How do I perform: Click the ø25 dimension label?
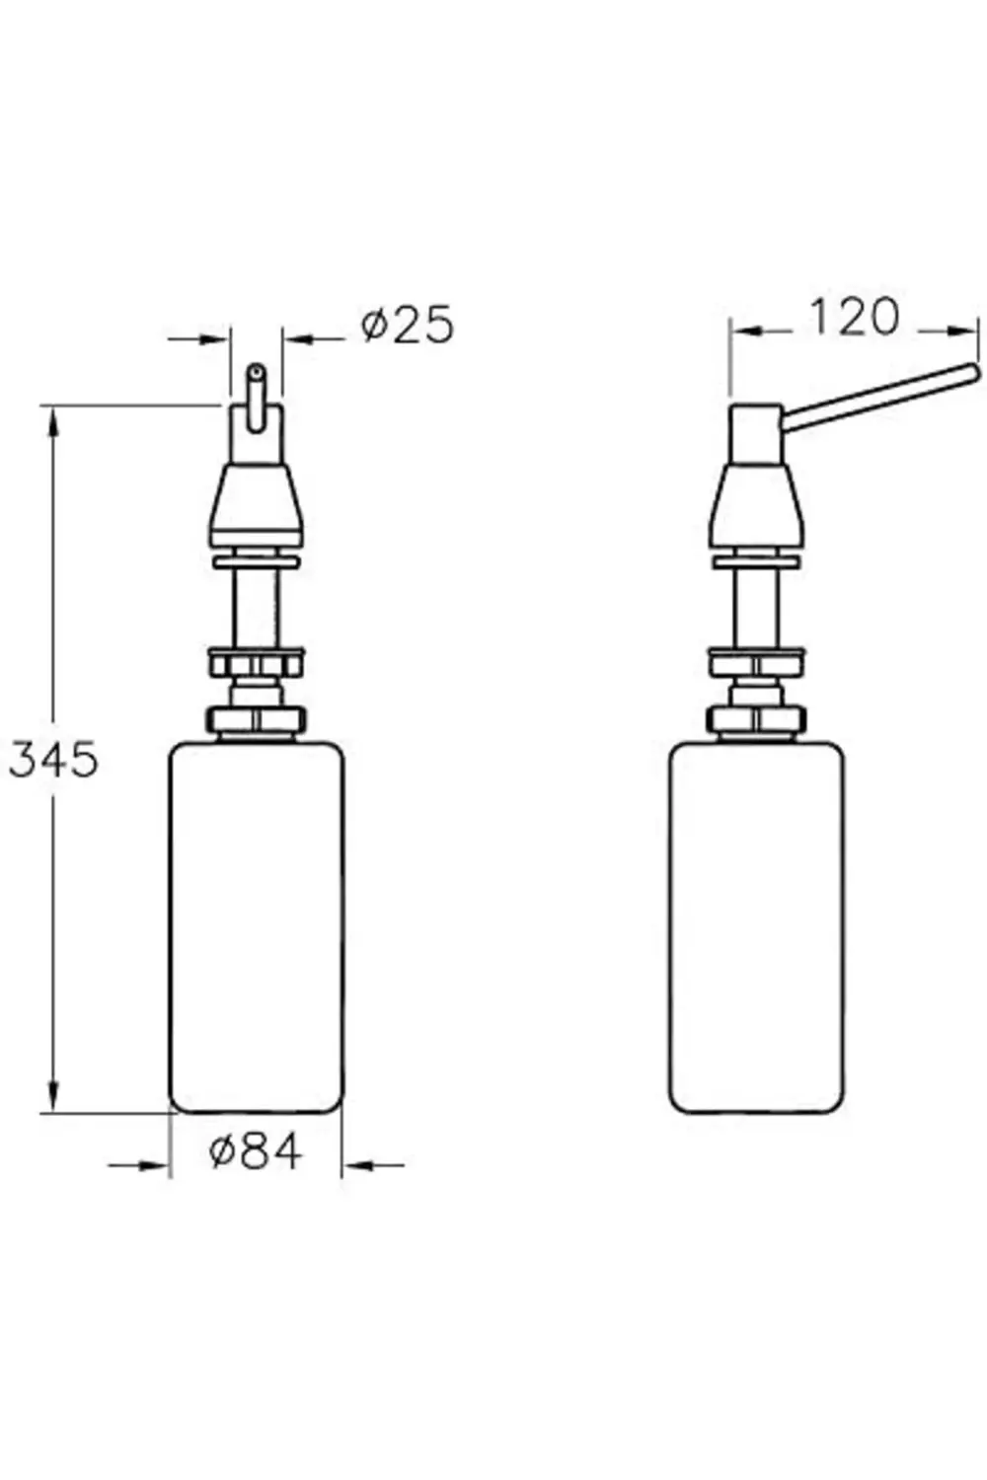pyautogui.click(x=407, y=325)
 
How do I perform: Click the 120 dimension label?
pyautogui.click(x=855, y=317)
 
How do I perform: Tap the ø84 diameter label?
pyautogui.click(x=256, y=1151)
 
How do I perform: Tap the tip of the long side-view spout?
pyautogui.click(x=971, y=372)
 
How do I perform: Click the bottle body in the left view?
pyautogui.click(x=257, y=927)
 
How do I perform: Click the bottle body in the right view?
pyautogui.click(x=757, y=927)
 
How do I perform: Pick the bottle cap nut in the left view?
pyautogui.click(x=257, y=719)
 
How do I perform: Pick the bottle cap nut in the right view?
pyautogui.click(x=756, y=719)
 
